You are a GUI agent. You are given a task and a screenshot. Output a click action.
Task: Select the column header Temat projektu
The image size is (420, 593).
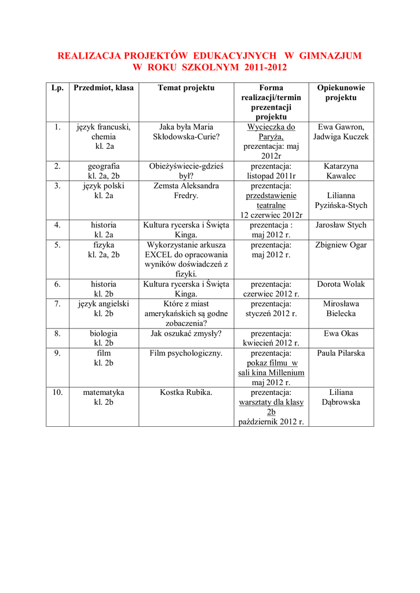[186, 88]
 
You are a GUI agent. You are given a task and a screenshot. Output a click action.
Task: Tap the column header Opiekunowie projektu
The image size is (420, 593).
[341, 93]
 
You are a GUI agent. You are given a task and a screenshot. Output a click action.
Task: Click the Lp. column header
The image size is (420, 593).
[57, 88]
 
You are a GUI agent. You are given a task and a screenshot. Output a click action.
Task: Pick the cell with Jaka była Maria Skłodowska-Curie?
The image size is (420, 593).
[186, 132]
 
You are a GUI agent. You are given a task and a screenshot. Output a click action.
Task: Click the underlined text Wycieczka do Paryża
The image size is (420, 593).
[271, 132]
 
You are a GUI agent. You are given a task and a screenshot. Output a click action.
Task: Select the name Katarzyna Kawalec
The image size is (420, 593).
[341, 171]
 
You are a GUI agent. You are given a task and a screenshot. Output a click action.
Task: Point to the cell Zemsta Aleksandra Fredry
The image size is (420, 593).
[186, 191]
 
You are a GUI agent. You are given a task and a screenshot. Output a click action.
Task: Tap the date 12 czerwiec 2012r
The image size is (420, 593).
[271, 215]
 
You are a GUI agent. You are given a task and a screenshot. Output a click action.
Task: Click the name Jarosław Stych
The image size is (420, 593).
[341, 225]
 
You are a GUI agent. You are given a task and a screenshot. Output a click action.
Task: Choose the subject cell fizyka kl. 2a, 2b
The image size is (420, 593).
[104, 250]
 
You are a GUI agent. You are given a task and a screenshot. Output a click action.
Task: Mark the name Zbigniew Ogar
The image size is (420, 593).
[341, 245]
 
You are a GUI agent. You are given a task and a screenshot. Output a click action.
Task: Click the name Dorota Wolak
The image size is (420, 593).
[341, 284]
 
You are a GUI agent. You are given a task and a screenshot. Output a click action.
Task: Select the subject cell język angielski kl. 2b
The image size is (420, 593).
[104, 309]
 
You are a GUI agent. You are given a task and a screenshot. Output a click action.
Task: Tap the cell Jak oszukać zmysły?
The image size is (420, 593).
[186, 334]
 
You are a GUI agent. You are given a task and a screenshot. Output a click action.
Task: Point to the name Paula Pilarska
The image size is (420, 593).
[341, 353]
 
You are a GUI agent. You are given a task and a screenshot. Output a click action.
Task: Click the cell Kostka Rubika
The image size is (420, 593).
[186, 393]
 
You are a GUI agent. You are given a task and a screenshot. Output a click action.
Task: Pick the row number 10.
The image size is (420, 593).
[57, 393]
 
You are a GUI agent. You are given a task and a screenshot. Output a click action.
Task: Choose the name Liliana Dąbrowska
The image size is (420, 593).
[341, 397]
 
